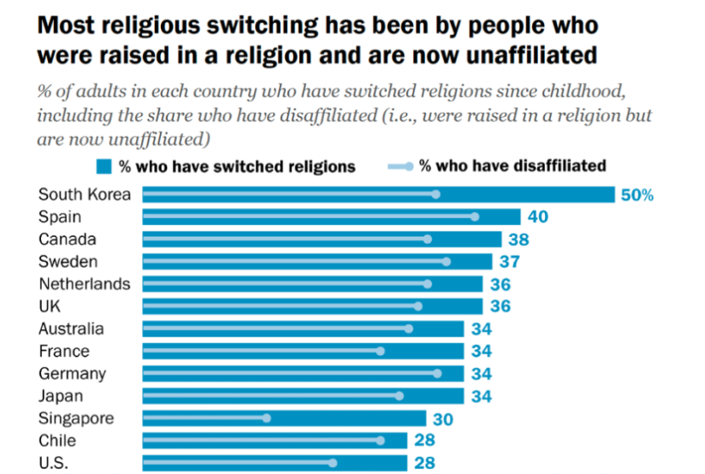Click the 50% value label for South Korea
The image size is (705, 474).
[637, 195]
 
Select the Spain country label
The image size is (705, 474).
[60, 217]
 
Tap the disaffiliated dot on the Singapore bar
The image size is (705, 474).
[267, 418]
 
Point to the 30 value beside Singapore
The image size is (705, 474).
[442, 418]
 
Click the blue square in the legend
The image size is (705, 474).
[105, 166]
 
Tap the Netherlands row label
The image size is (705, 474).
[85, 284]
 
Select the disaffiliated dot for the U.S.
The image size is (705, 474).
[333, 463]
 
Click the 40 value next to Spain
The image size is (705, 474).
[537, 217]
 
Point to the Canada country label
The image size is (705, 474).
[68, 240]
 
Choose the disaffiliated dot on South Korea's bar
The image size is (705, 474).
[435, 195]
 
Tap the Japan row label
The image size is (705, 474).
[62, 395]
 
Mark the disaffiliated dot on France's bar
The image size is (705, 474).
[380, 351]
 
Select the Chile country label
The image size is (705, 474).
[58, 441]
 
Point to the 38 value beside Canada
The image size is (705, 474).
[518, 240]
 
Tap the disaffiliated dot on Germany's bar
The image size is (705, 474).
[436, 373]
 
